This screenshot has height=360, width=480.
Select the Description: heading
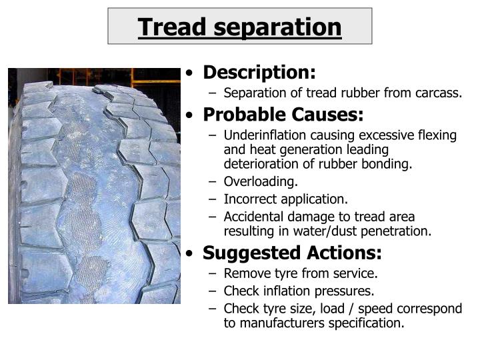tap(259, 72)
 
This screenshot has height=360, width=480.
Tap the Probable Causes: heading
tap(283, 115)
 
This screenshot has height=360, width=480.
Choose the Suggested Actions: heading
tap(292, 253)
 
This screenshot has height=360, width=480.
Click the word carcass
tap(439, 93)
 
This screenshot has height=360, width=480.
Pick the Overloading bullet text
tap(261, 181)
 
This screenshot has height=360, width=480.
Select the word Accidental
tap(254, 216)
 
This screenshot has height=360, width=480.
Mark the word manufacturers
tap(281, 323)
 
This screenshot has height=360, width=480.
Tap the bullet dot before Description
tap(192, 73)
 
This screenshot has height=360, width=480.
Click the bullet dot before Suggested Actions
tap(192, 254)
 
